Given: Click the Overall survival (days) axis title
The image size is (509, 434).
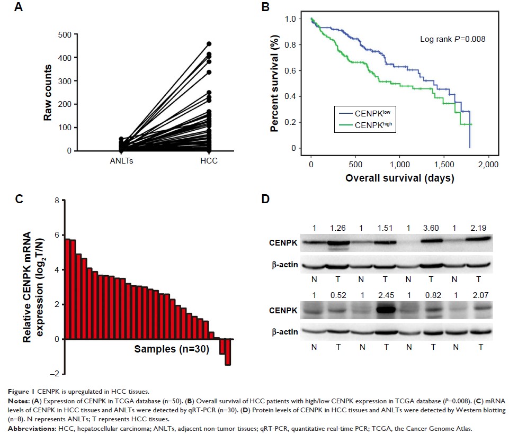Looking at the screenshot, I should tap(399, 178).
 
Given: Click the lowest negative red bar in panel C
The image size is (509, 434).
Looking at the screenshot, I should tap(228, 351).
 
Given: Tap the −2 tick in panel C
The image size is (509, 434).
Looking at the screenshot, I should tap(56, 374).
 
